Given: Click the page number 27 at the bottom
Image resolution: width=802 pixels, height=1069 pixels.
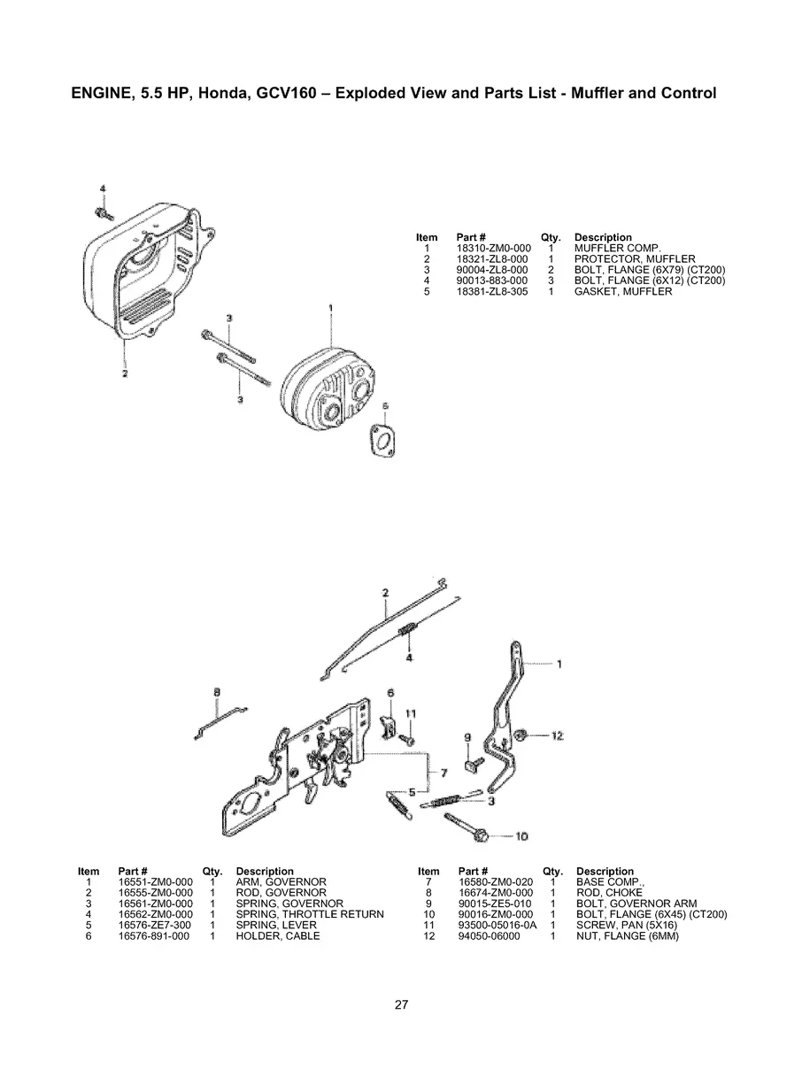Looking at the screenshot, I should pos(401,1004).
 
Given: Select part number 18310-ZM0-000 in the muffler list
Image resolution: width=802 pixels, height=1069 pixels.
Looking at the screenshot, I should pos(492,249).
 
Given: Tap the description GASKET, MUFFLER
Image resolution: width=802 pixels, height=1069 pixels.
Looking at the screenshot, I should pos(622,291).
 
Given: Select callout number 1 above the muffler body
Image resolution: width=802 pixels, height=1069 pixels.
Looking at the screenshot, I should pos(330,308).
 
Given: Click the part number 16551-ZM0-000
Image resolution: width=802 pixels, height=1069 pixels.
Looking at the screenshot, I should pos(155,882).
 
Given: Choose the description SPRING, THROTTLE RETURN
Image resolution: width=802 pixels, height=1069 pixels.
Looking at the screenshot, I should pos(310,914).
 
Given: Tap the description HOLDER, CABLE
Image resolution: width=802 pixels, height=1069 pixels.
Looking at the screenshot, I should pos(278,935).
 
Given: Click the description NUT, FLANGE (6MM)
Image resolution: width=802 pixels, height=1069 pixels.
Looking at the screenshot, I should pos(627,935).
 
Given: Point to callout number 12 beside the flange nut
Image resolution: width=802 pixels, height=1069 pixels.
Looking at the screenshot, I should pos(557,735).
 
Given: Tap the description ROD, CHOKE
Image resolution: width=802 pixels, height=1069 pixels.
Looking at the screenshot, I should pos(609,893).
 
